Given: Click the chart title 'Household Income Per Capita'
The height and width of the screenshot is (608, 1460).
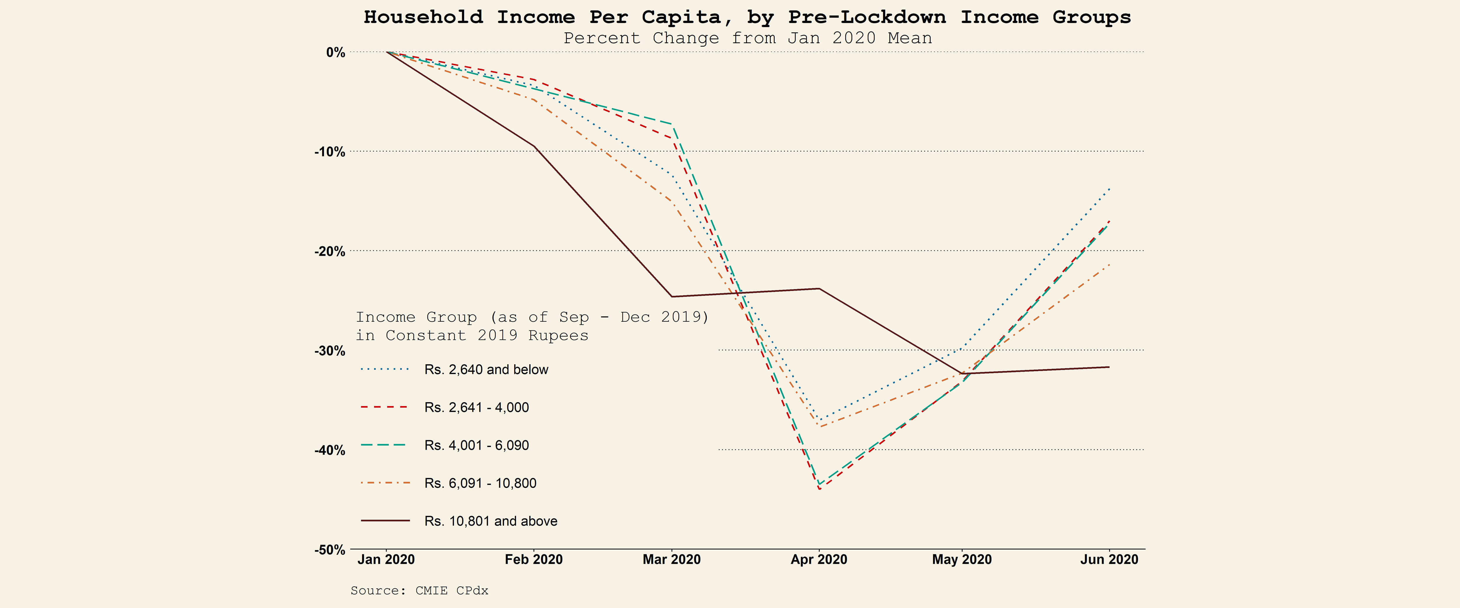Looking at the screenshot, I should point(747,17).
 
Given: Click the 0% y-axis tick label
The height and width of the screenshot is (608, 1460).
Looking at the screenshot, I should point(335,53).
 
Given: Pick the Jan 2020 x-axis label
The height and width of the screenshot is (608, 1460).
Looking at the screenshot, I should point(386,560).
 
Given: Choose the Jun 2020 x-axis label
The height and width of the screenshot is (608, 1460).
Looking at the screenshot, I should point(1109,560).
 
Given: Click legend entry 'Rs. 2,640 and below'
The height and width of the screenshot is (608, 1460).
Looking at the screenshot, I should point(486,370).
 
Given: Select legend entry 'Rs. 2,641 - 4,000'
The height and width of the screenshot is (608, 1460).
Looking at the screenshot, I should point(476,407).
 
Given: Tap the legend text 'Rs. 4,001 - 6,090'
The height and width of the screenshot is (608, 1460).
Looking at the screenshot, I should point(476,445).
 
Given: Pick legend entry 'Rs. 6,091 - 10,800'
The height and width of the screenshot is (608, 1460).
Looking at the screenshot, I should point(480,483).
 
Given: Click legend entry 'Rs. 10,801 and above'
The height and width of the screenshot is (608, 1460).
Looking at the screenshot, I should point(490,521).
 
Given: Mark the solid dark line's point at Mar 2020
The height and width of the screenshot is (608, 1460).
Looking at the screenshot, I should point(672,296).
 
